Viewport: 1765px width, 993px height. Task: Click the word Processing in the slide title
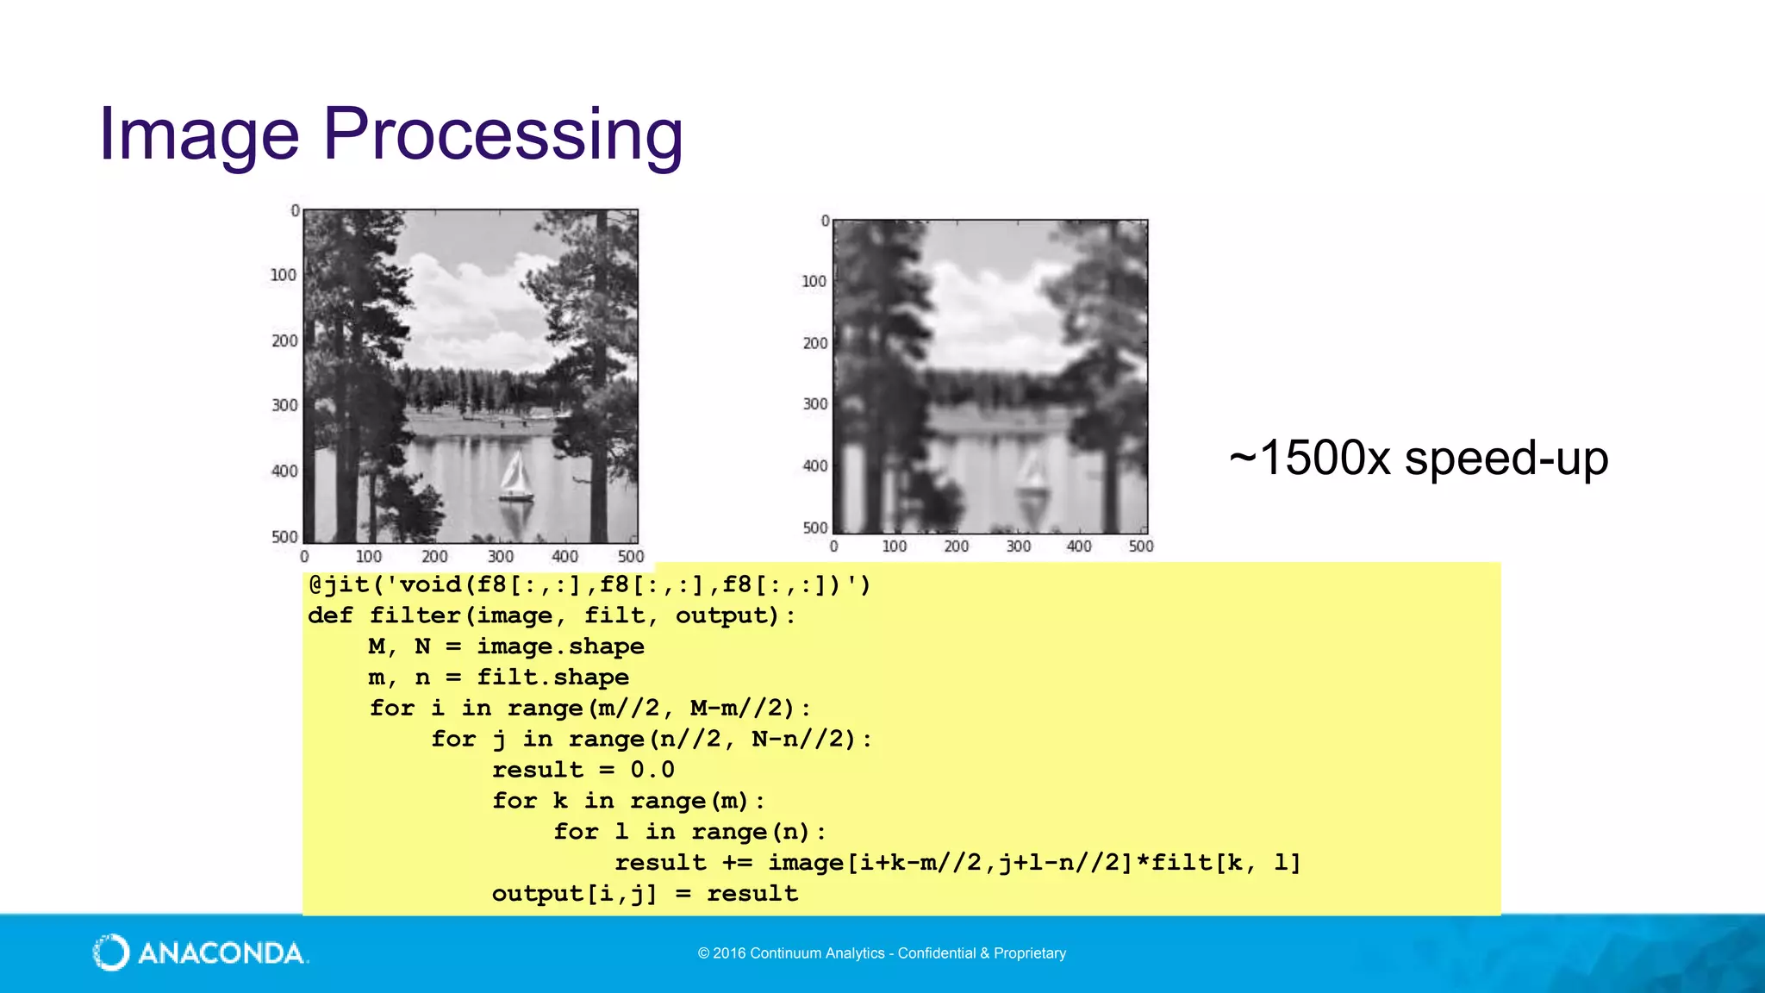tap(502, 135)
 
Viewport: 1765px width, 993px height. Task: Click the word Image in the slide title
tap(198, 135)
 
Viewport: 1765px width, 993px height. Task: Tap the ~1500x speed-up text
tap(1419, 458)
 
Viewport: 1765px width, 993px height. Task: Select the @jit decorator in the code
tap(339, 585)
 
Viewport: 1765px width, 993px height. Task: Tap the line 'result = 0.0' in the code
tap(583, 770)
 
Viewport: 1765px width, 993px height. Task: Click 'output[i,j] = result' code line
tap(645, 894)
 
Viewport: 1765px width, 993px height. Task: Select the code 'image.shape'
tap(560, 646)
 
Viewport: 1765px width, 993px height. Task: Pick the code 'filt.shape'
tap(552, 678)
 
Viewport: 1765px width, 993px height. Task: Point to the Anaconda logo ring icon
tap(111, 952)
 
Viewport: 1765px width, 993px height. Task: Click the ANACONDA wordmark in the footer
tap(221, 953)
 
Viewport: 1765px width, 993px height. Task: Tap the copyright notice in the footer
tap(882, 953)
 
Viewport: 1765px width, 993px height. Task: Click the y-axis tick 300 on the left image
tap(284, 405)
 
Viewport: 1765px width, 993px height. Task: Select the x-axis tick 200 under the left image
tap(434, 557)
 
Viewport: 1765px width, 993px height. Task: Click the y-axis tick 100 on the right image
tap(814, 281)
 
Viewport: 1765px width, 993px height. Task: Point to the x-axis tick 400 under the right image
tap(1079, 546)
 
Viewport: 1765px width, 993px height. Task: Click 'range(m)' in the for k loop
tap(689, 801)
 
